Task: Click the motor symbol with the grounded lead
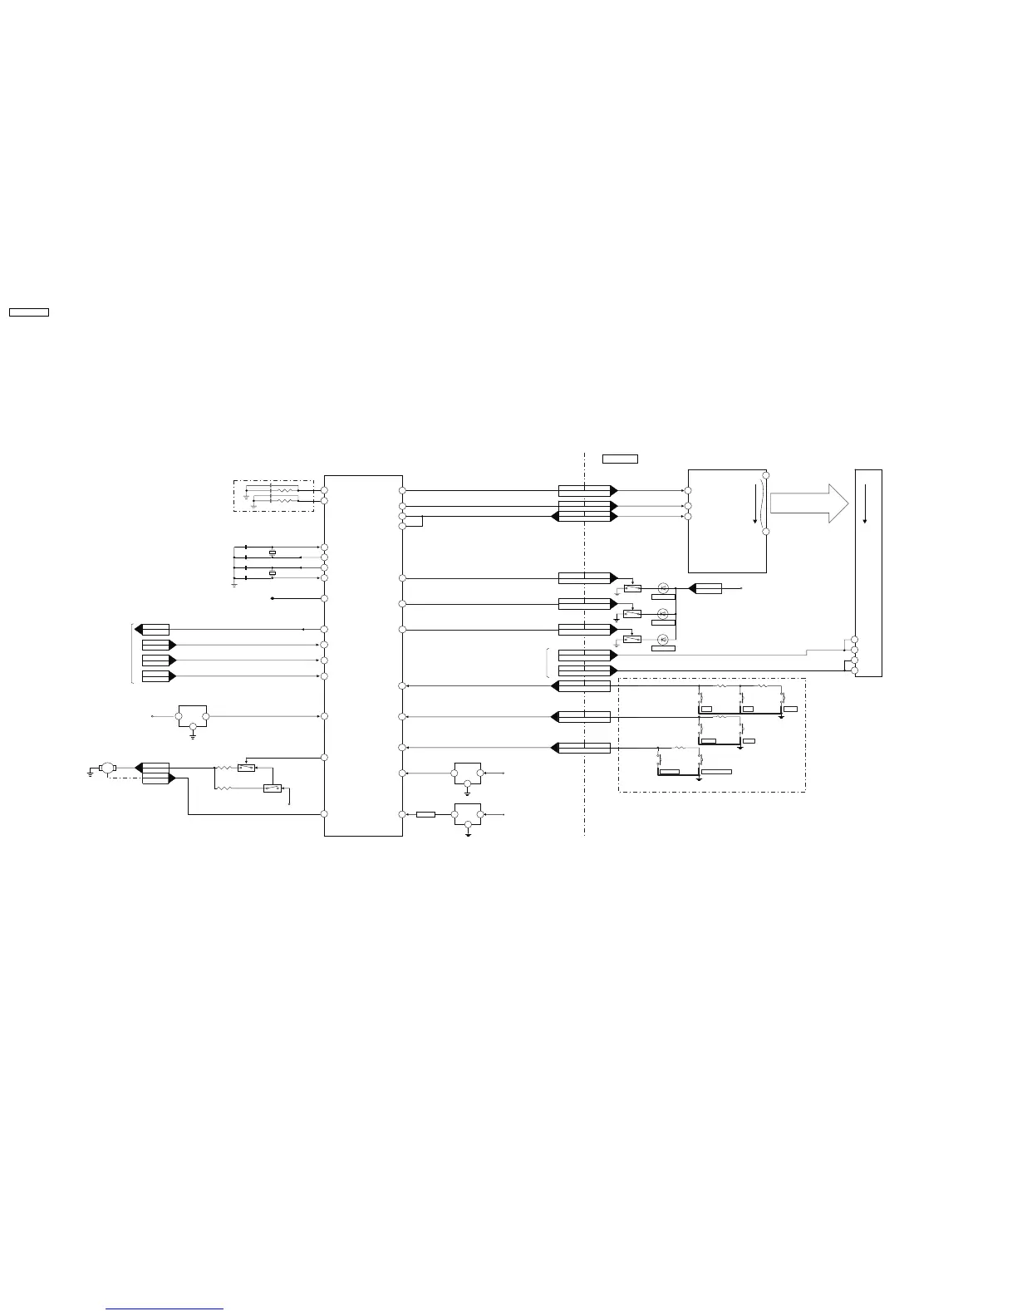[106, 768]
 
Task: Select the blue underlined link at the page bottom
[165, 1309]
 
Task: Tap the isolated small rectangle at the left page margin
[29, 312]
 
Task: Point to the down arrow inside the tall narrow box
[865, 501]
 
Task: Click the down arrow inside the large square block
[755, 503]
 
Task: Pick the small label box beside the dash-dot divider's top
[620, 459]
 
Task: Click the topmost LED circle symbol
[663, 588]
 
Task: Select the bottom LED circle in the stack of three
[663, 639]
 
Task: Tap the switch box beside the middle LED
[632, 614]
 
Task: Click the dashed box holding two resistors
[273, 495]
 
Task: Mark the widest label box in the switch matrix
[716, 772]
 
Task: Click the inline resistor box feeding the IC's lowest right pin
[425, 814]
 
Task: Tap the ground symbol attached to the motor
[90, 773]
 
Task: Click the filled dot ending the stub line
[273, 598]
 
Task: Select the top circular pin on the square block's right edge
[765, 475]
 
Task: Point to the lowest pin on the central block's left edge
[324, 814]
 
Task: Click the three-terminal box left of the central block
[193, 716]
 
